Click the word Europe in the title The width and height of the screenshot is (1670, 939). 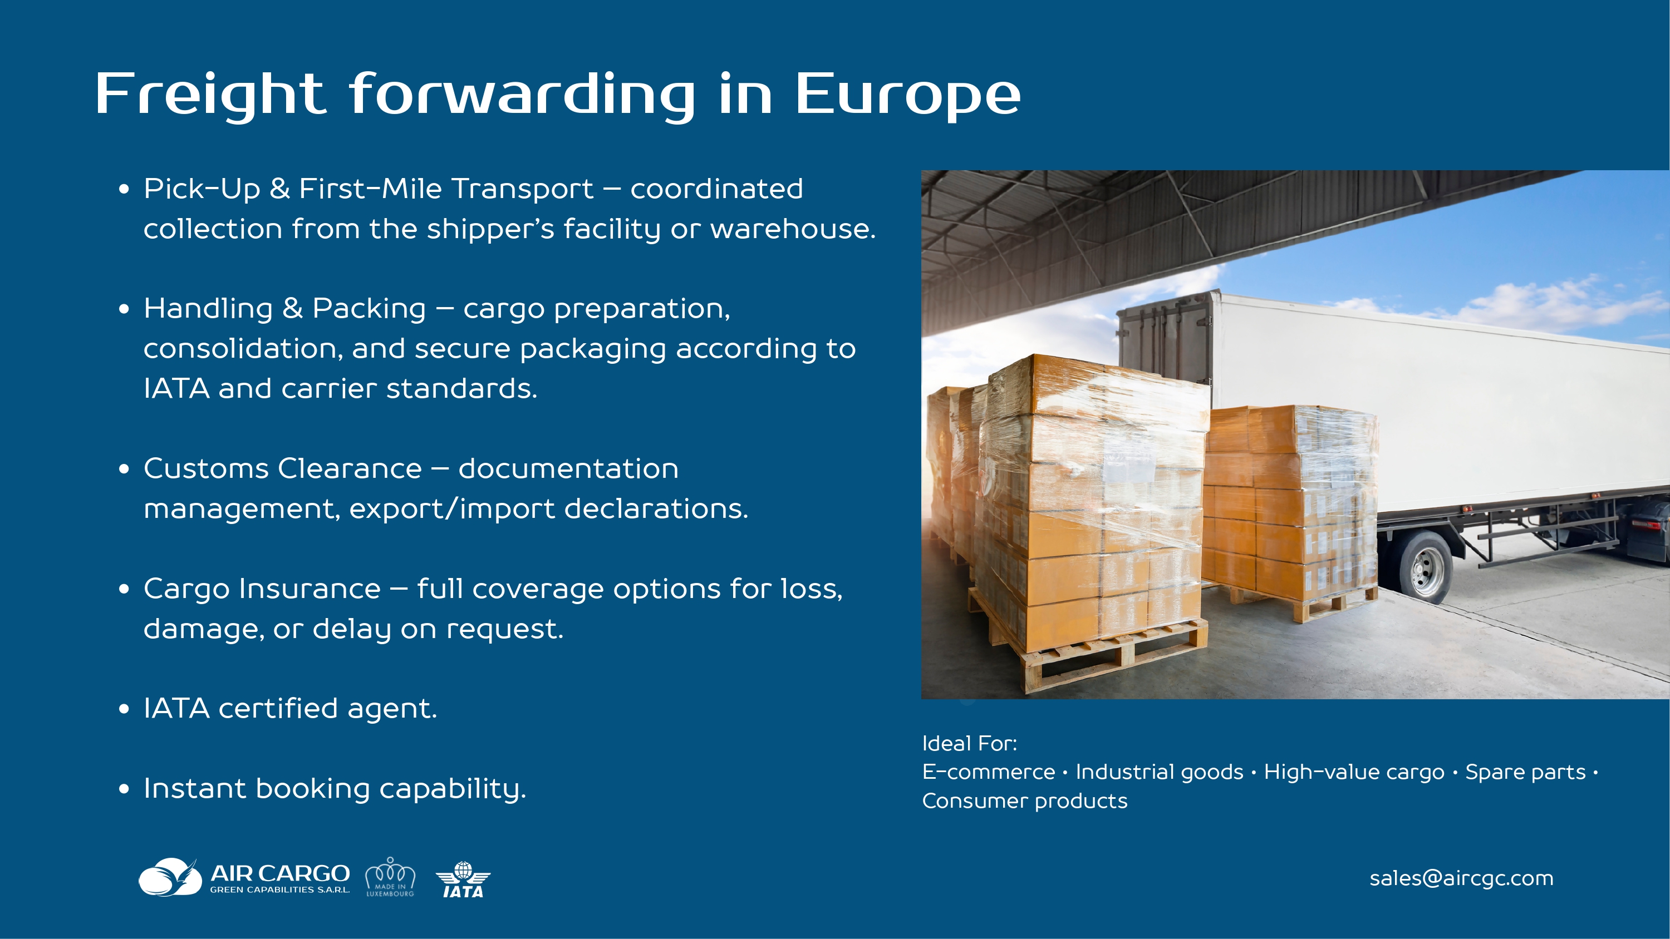click(x=907, y=95)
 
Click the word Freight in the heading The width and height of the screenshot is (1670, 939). click(x=209, y=95)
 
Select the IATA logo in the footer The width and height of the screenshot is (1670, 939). click(x=463, y=880)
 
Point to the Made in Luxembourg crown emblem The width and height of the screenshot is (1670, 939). click(x=390, y=877)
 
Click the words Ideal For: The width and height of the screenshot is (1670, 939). click(x=969, y=743)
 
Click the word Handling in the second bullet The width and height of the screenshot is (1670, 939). click(x=208, y=309)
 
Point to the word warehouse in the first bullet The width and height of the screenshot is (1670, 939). click(x=792, y=229)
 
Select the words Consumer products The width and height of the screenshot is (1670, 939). click(x=1024, y=801)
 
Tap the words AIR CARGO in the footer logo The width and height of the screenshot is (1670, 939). click(x=280, y=873)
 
